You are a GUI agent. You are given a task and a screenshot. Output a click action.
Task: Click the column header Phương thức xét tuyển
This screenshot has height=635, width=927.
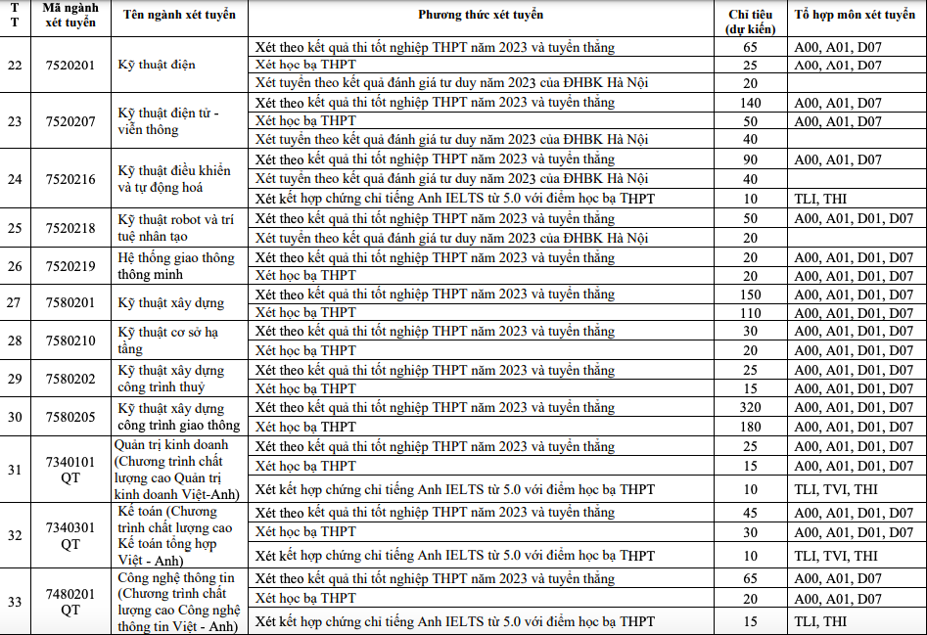pos(480,15)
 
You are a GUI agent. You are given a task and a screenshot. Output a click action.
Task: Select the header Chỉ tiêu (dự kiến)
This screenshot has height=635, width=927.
pos(751,21)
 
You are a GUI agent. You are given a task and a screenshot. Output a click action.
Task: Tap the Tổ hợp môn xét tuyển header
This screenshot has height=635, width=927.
pos(855,15)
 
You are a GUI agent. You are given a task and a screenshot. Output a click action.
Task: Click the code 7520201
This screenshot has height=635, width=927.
pos(71,65)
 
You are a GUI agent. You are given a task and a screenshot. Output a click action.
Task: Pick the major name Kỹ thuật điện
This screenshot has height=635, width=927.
pos(157,65)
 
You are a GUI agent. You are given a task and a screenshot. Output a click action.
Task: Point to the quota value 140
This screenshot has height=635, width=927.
pos(751,103)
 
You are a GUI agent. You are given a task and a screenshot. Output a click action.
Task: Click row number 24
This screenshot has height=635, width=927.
pos(15,179)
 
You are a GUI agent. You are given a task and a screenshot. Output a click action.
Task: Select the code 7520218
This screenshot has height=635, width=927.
pos(71,227)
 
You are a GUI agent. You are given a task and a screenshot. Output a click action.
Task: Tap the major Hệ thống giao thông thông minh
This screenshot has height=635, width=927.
pos(176,266)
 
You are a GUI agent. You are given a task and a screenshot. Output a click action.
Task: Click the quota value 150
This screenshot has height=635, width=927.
pos(751,295)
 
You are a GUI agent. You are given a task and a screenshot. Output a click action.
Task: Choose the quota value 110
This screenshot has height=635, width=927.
pos(751,313)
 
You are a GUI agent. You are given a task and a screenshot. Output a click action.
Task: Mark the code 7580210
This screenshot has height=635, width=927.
pos(71,340)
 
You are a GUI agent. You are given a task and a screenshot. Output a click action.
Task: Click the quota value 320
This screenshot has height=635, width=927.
pos(751,407)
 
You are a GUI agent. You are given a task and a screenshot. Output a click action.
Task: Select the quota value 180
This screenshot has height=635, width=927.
pos(751,427)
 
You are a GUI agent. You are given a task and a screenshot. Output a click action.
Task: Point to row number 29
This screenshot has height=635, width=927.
pos(15,379)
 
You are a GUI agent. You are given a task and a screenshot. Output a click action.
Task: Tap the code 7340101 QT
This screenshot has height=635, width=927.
pos(71,469)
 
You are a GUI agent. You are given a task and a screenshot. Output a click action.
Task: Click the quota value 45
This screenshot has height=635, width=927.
pos(751,513)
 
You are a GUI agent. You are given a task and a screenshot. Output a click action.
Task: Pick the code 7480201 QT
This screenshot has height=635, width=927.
pos(71,601)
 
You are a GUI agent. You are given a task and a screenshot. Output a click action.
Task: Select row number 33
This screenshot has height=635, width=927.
pos(15,601)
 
